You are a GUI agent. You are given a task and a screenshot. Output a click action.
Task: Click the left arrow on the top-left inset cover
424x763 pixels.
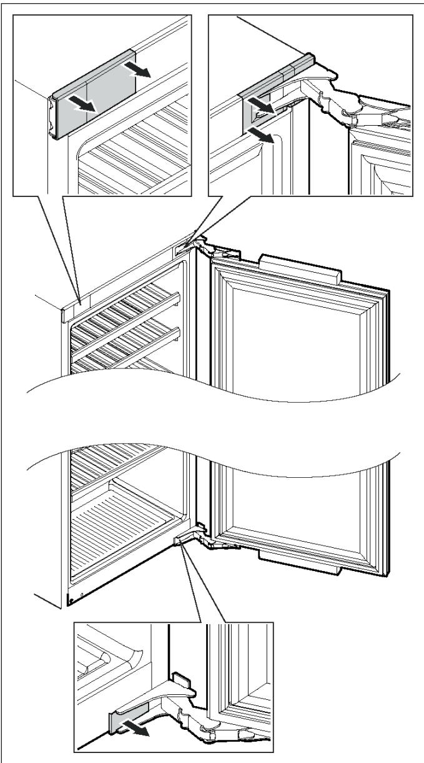point(84,103)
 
